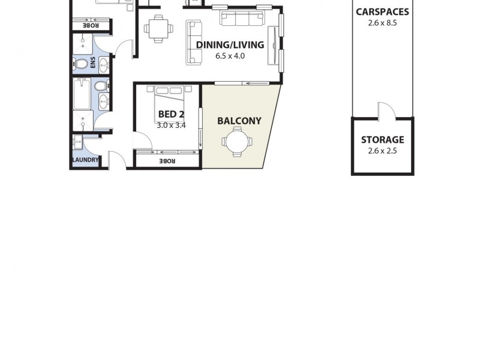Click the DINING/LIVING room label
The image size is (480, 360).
(230, 44)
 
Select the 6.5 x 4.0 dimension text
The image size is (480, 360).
(230, 55)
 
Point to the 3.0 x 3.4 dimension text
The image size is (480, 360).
(171, 125)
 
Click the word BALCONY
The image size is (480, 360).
(239, 121)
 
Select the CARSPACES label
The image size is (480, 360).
(382, 12)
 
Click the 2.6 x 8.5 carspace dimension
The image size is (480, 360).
(382, 23)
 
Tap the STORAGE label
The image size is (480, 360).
(382, 140)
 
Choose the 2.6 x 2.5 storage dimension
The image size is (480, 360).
(382, 151)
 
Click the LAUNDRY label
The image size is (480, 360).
(85, 160)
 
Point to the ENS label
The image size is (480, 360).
(93, 62)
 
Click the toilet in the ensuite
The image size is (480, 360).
(80, 62)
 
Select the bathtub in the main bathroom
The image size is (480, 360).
(82, 95)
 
